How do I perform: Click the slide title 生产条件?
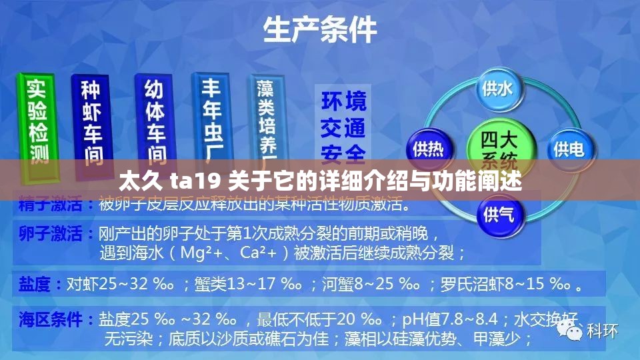click(320, 30)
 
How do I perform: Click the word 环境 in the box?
click(343, 101)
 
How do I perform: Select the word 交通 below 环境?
click(343, 127)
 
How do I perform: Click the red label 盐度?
click(33, 285)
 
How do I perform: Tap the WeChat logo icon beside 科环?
click(571, 330)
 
